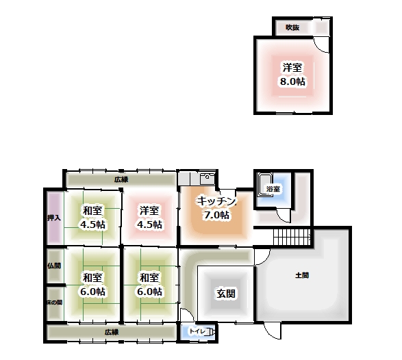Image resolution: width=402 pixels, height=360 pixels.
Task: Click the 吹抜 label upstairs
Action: point(292,27)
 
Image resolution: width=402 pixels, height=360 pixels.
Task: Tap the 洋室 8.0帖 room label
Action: point(292,75)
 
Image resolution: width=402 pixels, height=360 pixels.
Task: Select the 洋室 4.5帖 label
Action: point(149,217)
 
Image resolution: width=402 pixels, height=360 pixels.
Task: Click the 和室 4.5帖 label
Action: point(92,217)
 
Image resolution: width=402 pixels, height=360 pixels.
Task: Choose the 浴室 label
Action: point(273,189)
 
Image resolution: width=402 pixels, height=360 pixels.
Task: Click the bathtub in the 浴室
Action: point(265,185)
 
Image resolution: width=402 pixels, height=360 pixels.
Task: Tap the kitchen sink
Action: point(208,178)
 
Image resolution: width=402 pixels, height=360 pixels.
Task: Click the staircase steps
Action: point(292,237)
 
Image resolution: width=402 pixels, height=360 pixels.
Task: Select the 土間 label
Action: point(302,275)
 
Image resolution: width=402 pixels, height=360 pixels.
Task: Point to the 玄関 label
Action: point(226,294)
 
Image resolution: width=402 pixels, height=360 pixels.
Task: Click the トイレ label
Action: point(197,331)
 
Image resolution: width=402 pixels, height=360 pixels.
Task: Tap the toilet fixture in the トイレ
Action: point(210,332)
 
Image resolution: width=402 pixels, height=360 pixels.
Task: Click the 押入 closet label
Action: point(54,218)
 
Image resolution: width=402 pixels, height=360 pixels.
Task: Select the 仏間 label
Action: point(54,266)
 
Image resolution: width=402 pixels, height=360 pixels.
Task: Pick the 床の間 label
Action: point(55,303)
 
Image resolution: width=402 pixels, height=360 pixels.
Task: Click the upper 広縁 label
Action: point(121,179)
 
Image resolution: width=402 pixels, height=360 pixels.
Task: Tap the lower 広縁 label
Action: point(112,332)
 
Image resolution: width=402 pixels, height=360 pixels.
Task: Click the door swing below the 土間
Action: point(273,331)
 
